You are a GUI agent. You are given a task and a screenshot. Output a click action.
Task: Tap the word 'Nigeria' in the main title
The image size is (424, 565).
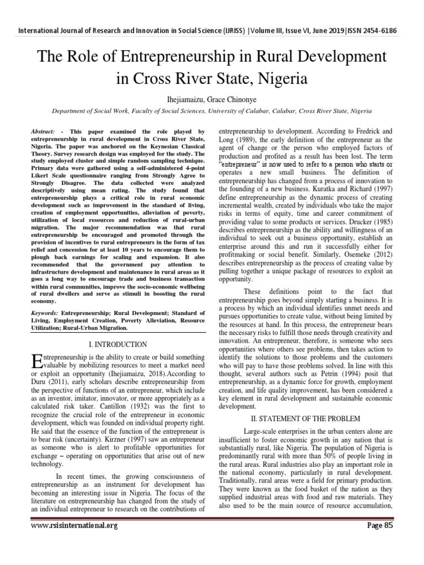[x=275, y=78]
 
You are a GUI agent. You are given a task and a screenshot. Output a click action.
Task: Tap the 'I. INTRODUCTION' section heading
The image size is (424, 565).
[x=118, y=345]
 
